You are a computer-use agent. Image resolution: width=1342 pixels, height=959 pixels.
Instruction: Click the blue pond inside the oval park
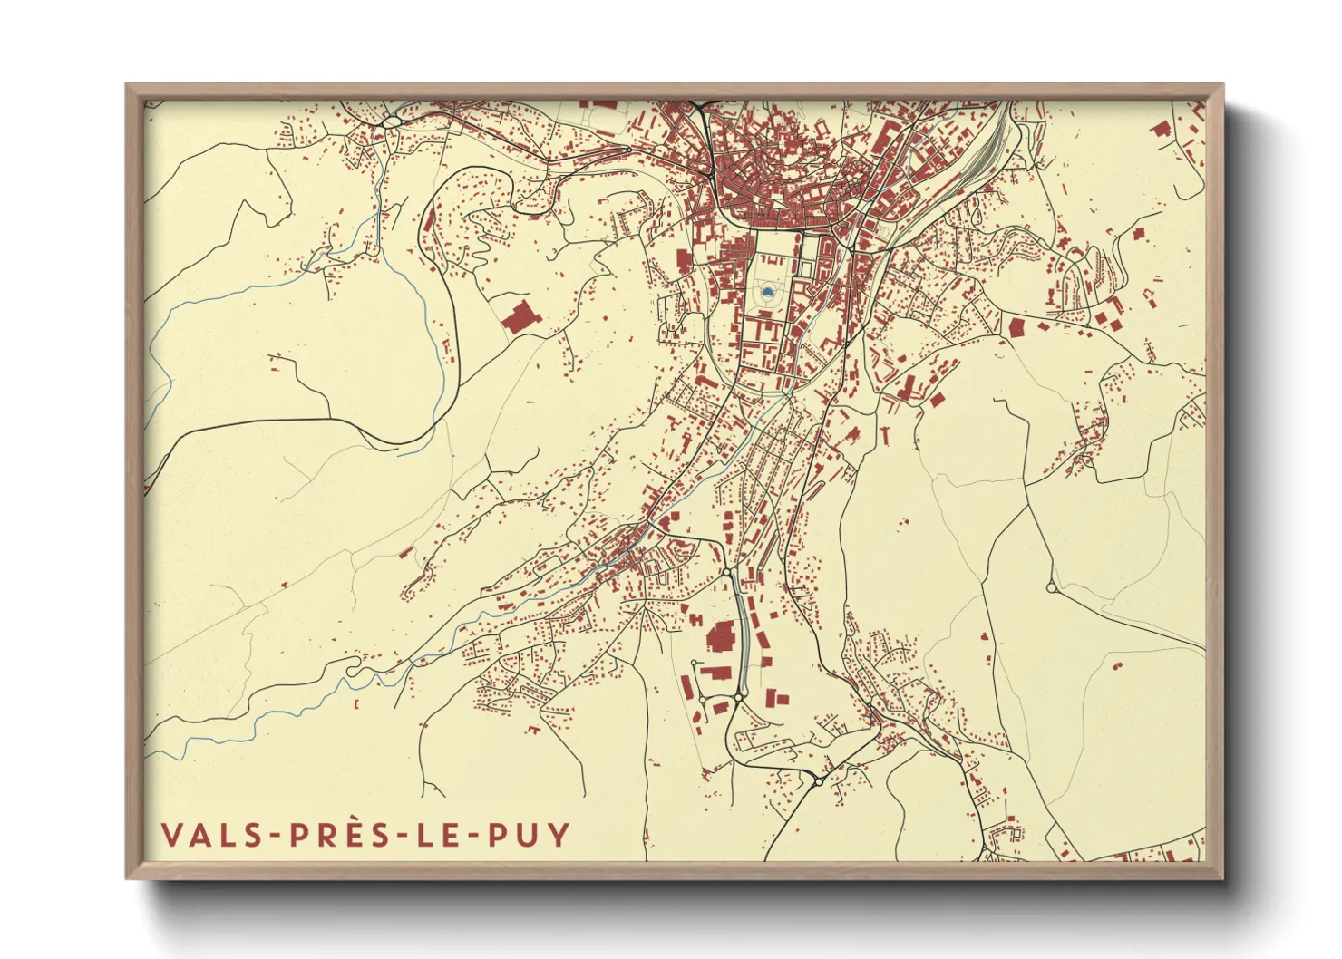(x=767, y=292)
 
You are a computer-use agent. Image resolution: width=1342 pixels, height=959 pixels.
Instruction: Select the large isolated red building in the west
(x=519, y=317)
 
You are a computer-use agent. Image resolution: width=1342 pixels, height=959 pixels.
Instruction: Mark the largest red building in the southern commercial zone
(x=721, y=637)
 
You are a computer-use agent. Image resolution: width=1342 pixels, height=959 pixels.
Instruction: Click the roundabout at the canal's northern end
(x=726, y=573)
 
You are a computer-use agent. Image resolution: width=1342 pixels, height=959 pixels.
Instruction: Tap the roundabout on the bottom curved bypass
(x=818, y=780)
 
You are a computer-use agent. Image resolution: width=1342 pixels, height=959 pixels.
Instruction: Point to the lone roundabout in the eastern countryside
(x=1052, y=588)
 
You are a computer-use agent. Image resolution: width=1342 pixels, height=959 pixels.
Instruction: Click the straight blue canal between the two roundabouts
(x=739, y=634)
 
